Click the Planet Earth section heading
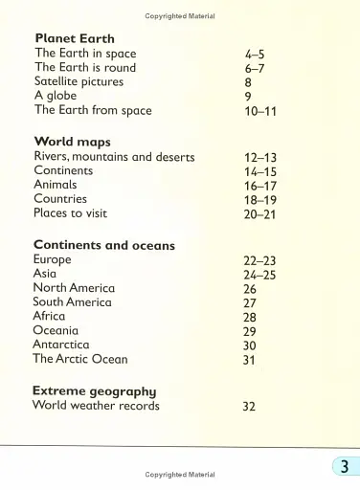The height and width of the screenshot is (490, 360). pyautogui.click(x=75, y=39)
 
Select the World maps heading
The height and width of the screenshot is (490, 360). pyautogui.click(x=73, y=143)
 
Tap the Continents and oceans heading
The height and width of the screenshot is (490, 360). pyautogui.click(x=104, y=245)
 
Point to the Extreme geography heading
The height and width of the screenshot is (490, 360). pyautogui.click(x=95, y=390)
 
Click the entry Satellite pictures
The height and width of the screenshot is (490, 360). pyautogui.click(x=79, y=82)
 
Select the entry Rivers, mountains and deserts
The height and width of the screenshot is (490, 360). pyautogui.click(x=114, y=157)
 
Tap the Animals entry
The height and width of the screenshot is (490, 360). pyautogui.click(x=56, y=185)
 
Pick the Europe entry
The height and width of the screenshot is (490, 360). pyautogui.click(x=53, y=259)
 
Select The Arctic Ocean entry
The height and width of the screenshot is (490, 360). pyautogui.click(x=79, y=359)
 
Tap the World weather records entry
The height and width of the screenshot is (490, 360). pyautogui.click(x=96, y=405)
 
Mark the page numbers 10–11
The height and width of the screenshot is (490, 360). pyautogui.click(x=260, y=111)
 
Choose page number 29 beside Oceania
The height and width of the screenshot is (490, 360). pyautogui.click(x=250, y=331)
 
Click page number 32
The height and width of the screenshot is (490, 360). pyautogui.click(x=250, y=406)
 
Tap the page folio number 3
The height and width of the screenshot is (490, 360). pyautogui.click(x=343, y=467)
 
